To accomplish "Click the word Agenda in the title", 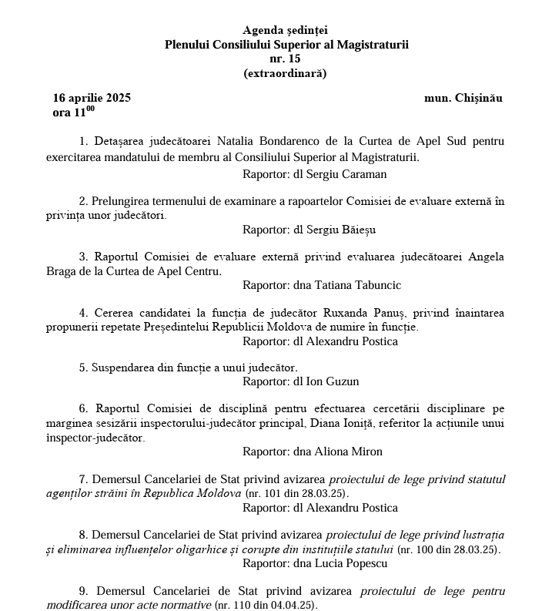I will point(263,30).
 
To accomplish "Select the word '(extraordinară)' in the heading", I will point(285,74).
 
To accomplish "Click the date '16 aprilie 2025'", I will point(92,98).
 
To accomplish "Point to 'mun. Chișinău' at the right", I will point(463,98).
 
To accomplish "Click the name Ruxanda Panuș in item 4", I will point(361,312).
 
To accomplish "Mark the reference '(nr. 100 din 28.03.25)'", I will point(447,549).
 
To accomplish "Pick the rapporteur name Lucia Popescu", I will point(347,563).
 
